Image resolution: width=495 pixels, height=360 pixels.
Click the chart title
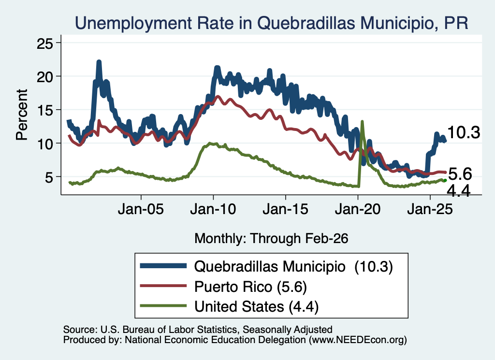[x=272, y=23]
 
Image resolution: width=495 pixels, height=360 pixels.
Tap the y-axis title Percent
[x=22, y=115]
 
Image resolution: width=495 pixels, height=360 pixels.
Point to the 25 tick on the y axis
[x=45, y=43]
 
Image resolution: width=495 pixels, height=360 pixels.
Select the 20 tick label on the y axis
[x=45, y=76]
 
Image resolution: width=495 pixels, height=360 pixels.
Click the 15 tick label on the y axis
[x=45, y=110]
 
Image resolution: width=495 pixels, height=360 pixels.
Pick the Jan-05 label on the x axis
[x=141, y=209]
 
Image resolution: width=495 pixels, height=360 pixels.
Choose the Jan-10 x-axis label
[x=213, y=209]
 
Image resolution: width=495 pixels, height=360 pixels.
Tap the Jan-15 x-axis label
[x=285, y=209]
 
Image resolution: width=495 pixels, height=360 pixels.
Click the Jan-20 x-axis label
[x=358, y=209]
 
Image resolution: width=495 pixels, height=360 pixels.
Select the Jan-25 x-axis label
[x=430, y=209]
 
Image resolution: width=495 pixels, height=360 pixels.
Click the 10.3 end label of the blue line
[x=464, y=132]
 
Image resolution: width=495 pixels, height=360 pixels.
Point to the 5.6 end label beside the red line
[x=460, y=174]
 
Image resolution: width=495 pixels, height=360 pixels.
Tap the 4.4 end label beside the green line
[x=459, y=190]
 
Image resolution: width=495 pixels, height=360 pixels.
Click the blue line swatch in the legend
[x=163, y=266]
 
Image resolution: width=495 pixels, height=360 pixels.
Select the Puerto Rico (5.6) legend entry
[x=251, y=287]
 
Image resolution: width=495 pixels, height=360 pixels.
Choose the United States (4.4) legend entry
[x=256, y=307]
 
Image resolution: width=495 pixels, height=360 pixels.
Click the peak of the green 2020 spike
[x=362, y=121]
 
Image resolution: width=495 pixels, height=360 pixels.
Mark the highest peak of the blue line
[x=99, y=62]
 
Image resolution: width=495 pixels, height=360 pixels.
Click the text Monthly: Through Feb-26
[x=271, y=239]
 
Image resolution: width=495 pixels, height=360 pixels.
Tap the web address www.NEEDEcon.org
[x=358, y=340]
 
